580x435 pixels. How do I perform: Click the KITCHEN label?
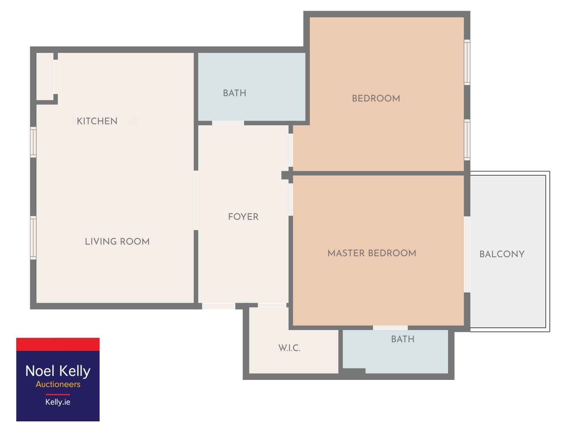[97, 121]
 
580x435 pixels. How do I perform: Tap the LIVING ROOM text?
[117, 242]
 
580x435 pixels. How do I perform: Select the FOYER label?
[243, 217]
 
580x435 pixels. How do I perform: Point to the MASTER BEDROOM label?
[372, 253]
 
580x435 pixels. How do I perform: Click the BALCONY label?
[502, 254]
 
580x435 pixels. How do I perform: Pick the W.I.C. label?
[289, 348]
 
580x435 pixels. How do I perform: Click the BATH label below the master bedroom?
[403, 339]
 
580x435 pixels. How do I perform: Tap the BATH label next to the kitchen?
[235, 93]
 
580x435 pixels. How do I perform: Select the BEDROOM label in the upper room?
[376, 99]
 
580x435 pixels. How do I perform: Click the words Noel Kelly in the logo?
[58, 371]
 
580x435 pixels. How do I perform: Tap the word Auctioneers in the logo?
[58, 384]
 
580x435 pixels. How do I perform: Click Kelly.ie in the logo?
[58, 402]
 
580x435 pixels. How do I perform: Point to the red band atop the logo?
[58, 344]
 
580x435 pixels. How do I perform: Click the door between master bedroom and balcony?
[467, 254]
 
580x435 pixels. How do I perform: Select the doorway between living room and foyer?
[196, 200]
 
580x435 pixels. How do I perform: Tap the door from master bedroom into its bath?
[390, 328]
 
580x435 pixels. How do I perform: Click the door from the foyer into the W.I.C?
[272, 305]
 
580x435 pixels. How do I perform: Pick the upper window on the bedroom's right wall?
[467, 62]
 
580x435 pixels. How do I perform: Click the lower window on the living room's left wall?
[33, 238]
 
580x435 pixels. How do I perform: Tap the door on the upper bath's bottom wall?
[228, 123]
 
